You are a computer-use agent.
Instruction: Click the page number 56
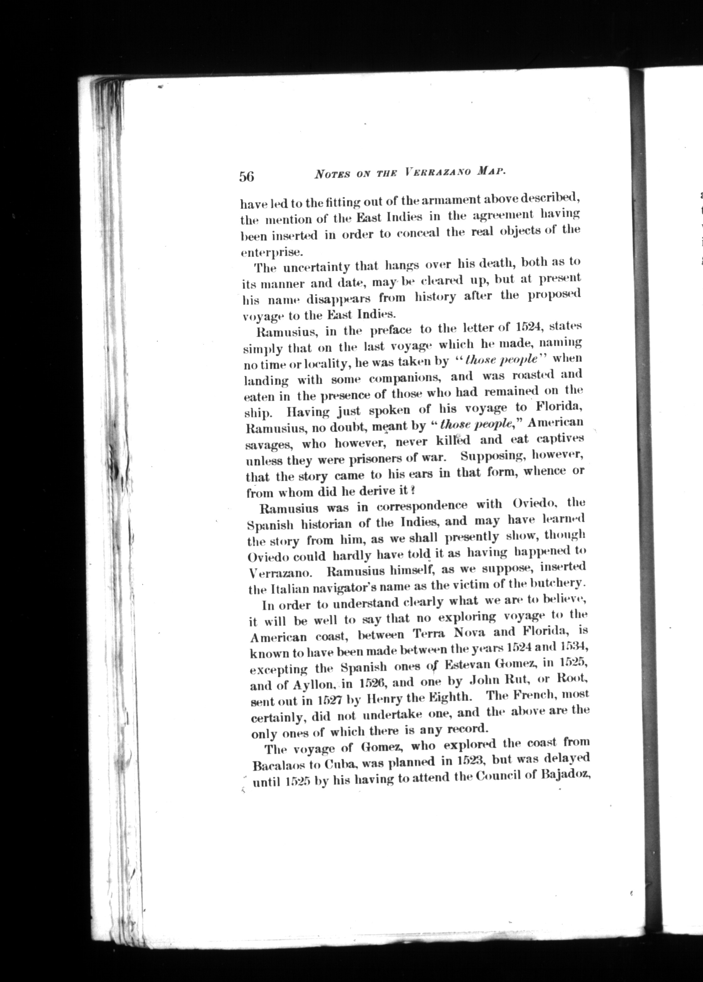[x=246, y=177]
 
